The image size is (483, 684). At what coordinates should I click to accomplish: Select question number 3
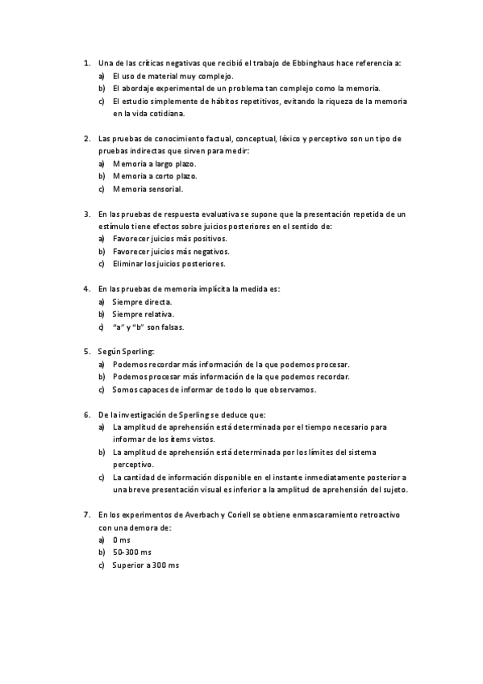click(x=87, y=214)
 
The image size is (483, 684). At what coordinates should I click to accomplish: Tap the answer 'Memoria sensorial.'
click(x=148, y=189)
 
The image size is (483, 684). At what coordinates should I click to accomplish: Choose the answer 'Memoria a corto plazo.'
click(x=154, y=176)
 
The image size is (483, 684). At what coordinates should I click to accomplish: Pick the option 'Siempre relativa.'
click(x=143, y=314)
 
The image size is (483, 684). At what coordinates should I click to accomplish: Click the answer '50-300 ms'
click(x=131, y=553)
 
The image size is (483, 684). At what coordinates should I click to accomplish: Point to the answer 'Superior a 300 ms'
click(x=145, y=565)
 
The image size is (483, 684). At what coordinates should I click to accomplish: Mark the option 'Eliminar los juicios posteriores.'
click(x=169, y=264)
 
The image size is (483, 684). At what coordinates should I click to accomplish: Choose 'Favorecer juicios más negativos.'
click(x=170, y=251)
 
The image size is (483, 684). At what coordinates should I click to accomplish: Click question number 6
click(x=87, y=414)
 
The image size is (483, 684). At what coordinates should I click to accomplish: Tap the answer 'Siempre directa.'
click(x=142, y=301)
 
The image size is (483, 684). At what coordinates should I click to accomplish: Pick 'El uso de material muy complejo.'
click(x=168, y=75)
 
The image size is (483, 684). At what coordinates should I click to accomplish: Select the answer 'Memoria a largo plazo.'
click(x=154, y=163)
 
